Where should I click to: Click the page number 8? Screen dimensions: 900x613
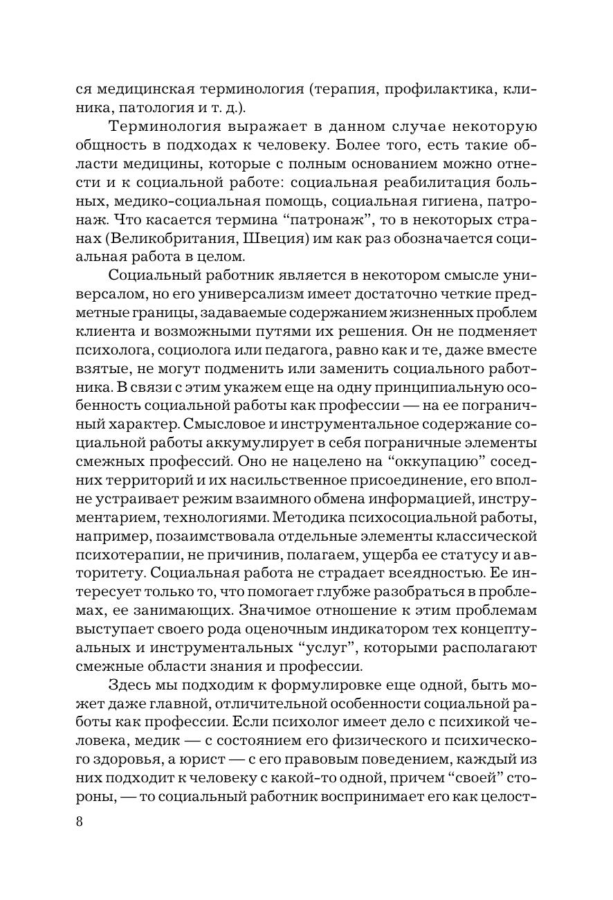pyautogui.click(x=79, y=822)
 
